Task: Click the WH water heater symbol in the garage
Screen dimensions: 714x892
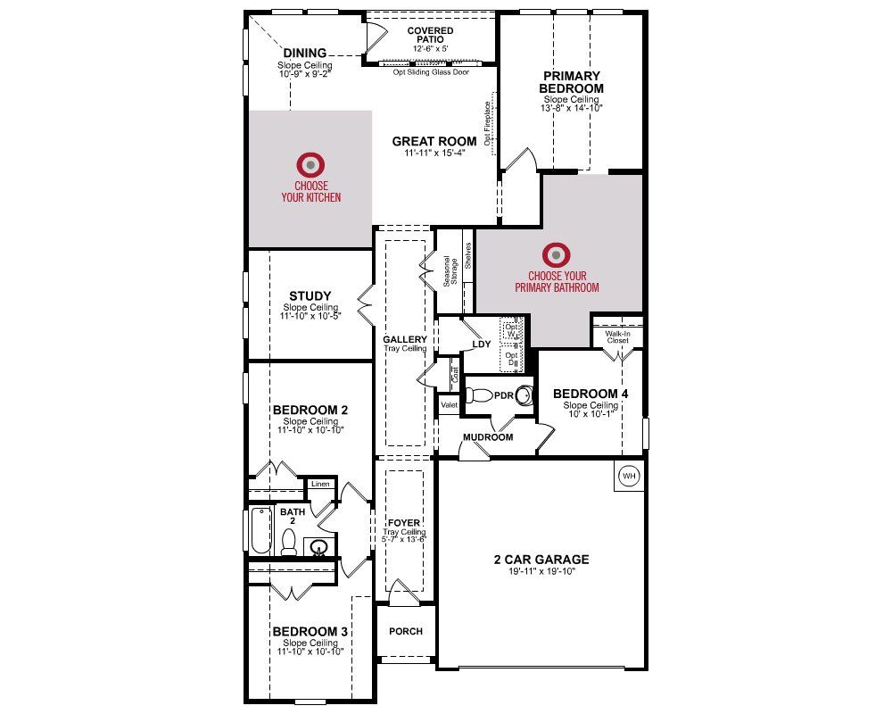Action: [630, 476]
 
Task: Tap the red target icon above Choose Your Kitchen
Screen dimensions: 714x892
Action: [310, 164]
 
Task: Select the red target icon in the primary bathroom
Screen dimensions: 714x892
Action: [557, 255]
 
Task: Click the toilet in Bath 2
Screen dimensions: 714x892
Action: [289, 541]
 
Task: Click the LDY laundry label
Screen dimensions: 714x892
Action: [482, 344]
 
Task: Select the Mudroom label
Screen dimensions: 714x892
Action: [487, 437]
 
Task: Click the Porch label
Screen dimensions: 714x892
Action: [406, 631]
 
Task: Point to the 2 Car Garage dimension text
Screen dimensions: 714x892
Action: [541, 573]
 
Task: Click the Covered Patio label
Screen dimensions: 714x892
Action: [430, 37]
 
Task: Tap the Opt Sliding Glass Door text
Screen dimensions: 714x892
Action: [431, 73]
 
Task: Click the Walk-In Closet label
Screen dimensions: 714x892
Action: [617, 337]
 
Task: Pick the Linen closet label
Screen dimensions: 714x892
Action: [321, 485]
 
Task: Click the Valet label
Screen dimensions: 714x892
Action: [450, 405]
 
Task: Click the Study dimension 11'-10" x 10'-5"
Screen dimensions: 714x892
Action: [310, 317]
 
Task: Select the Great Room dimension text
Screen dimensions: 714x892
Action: [434, 153]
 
